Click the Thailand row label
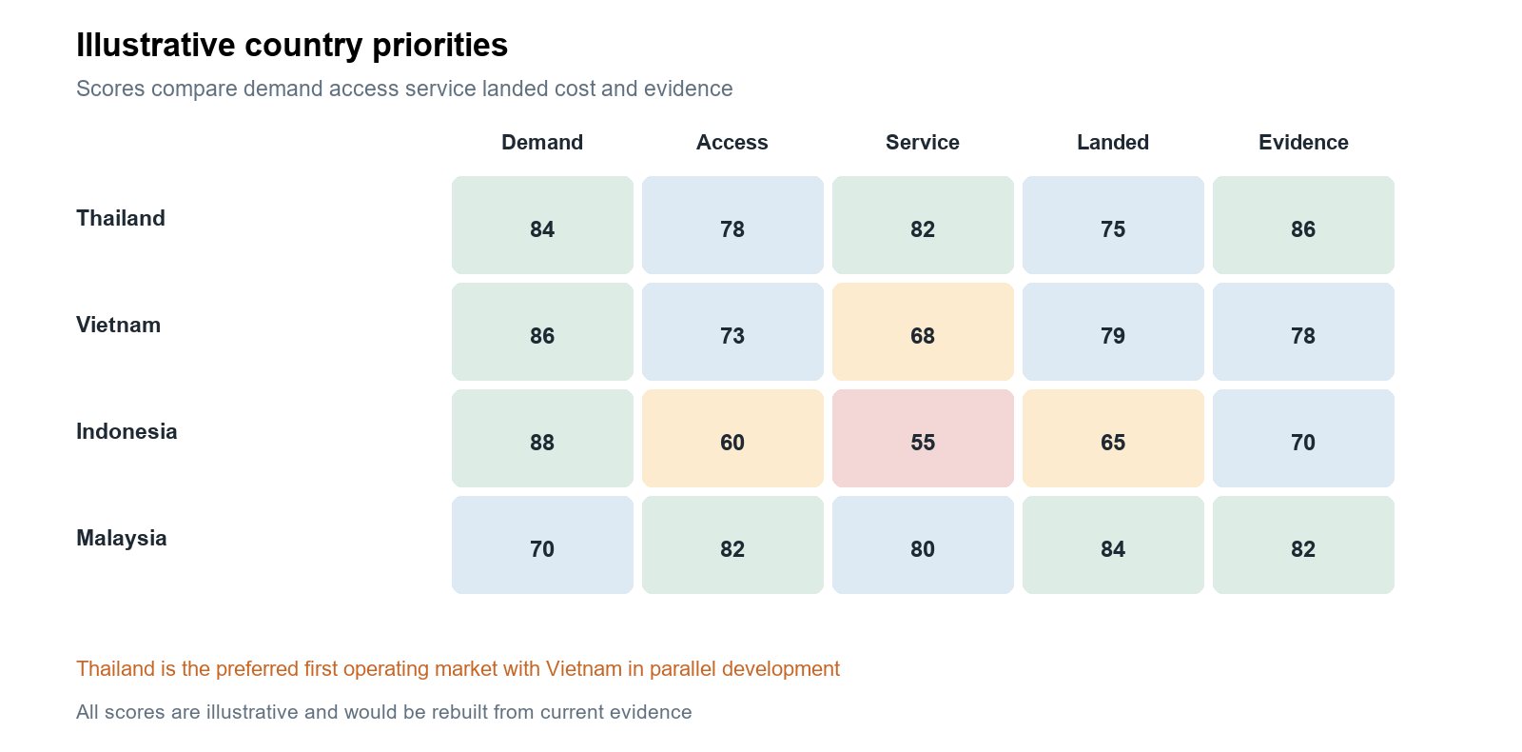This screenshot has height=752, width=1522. coord(120,218)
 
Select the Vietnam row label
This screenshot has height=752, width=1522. coord(118,325)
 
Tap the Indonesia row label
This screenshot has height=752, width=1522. coord(127,432)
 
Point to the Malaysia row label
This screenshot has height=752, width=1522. coord(121,539)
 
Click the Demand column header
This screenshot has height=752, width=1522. coord(542,142)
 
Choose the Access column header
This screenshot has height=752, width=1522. coord(732,142)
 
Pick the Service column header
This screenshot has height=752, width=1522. coord(923,142)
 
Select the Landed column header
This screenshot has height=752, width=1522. coord(1113,142)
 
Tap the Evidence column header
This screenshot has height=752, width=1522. coord(1303,142)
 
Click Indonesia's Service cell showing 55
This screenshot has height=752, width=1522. coord(923,439)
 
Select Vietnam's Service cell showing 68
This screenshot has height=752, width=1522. coord(923,332)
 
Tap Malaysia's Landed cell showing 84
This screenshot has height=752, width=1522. coord(1113,545)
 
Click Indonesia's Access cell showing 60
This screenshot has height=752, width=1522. coord(732,439)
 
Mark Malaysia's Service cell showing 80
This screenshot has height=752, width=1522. coord(923,545)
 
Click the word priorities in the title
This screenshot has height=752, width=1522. coord(439,47)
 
